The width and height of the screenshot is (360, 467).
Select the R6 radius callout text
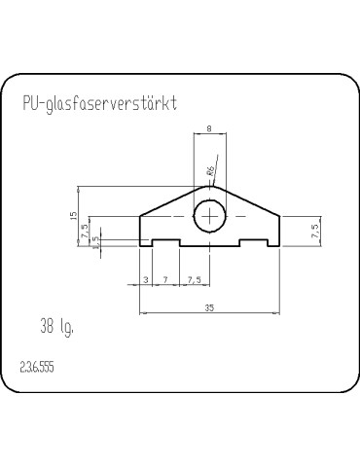click(210, 171)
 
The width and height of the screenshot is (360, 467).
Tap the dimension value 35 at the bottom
click(210, 307)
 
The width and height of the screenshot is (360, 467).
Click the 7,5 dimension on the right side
click(313, 231)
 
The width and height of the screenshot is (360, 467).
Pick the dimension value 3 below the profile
click(146, 279)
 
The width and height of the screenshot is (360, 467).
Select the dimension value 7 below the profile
click(165, 279)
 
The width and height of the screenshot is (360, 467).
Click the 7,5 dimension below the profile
click(194, 279)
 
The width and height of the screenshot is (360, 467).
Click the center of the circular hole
click(210, 216)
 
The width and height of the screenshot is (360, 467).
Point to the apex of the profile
click(210, 186)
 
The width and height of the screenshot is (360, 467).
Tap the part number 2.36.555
click(36, 368)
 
